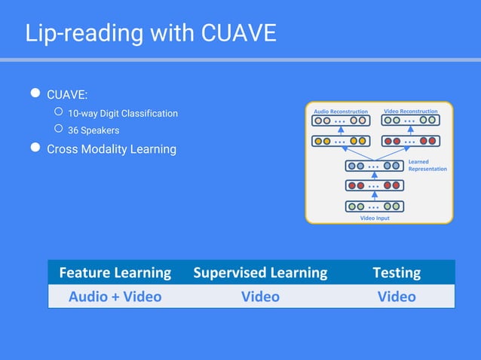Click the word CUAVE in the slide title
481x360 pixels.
click(239, 33)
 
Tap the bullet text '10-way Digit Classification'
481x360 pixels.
click(123, 114)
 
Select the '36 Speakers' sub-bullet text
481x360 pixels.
click(93, 130)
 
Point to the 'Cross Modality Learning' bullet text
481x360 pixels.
click(112, 149)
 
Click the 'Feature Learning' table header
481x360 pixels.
click(115, 273)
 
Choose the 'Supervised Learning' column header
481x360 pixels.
click(260, 273)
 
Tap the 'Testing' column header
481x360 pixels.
click(397, 273)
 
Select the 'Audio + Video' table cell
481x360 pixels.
click(115, 297)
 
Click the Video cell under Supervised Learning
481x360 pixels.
click(260, 297)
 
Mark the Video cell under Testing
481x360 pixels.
click(397, 297)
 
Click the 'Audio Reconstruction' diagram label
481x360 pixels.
click(341, 111)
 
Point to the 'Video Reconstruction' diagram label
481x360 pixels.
click(411, 111)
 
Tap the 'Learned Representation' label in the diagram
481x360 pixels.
click(427, 165)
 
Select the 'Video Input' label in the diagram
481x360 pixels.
click(375, 218)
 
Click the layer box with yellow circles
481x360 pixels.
click(341, 141)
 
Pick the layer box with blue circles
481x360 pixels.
click(375, 166)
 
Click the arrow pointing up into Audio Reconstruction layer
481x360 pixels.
click(341, 130)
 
